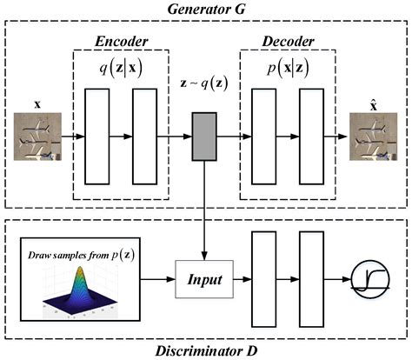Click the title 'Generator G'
click(206, 8)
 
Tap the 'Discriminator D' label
click(206, 350)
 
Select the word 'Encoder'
click(120, 42)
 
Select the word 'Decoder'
click(289, 42)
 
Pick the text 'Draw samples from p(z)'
click(76, 252)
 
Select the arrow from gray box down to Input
click(204, 209)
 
